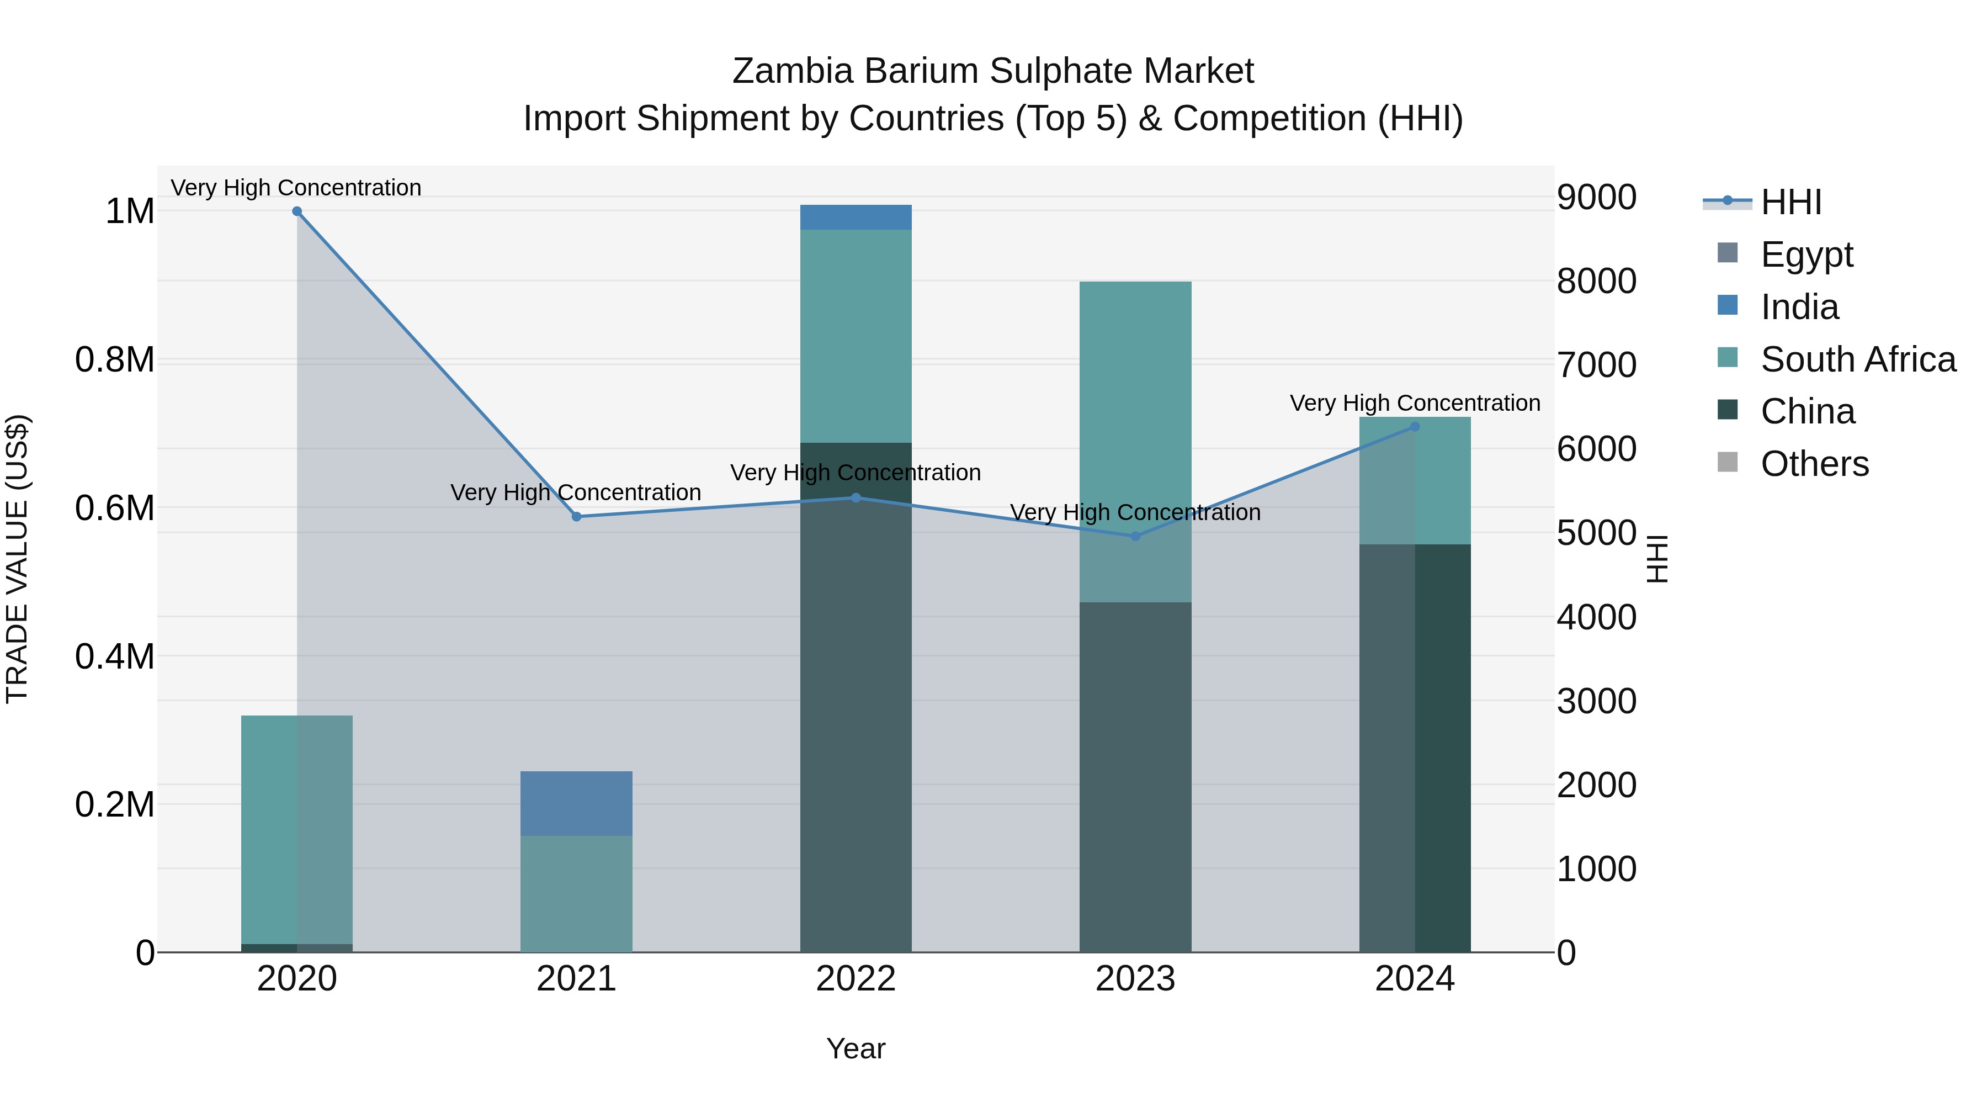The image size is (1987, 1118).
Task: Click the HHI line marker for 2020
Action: click(297, 211)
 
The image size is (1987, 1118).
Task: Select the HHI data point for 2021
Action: click(576, 517)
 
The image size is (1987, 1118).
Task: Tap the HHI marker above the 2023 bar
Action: click(1135, 536)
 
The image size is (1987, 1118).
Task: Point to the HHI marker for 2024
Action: click(1415, 427)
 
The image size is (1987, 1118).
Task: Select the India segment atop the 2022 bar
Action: click(856, 218)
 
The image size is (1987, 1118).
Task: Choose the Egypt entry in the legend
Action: click(1806, 255)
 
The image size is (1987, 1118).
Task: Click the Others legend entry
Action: click(1814, 464)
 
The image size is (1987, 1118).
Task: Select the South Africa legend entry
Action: click(1857, 359)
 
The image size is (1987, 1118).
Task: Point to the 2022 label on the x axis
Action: click(856, 979)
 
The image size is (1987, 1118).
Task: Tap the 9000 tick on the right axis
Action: click(1596, 198)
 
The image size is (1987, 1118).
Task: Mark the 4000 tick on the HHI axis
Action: click(1596, 617)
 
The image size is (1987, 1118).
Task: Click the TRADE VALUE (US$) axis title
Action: click(18, 559)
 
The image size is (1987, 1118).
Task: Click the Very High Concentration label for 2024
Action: click(1415, 403)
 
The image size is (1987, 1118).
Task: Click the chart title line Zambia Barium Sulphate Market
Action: click(993, 71)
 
